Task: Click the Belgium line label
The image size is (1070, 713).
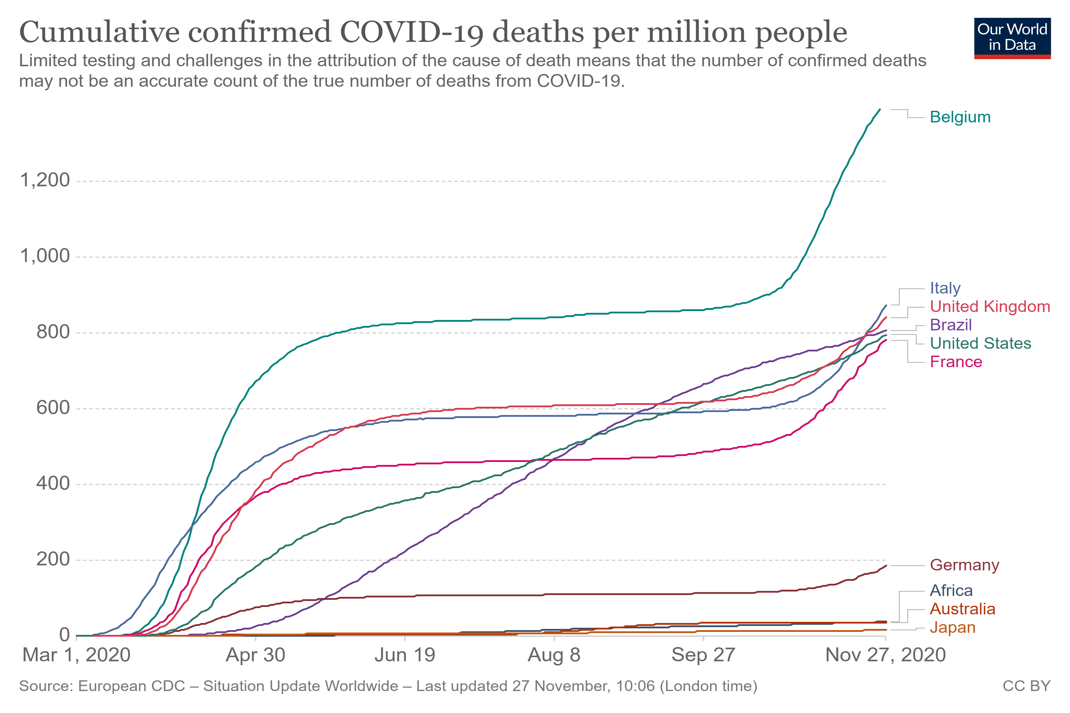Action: tap(960, 117)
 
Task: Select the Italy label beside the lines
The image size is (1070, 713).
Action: tap(945, 288)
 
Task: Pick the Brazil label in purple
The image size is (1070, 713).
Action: tap(951, 325)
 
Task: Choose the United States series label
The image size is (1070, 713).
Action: tap(980, 343)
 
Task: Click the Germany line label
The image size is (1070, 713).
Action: tap(964, 565)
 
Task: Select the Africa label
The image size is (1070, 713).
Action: tap(951, 591)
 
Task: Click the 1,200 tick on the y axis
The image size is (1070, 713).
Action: tap(45, 181)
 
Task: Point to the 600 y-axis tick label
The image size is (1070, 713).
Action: tap(53, 408)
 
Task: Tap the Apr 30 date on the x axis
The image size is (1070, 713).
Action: tap(256, 655)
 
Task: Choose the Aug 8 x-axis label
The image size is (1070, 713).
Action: tap(554, 655)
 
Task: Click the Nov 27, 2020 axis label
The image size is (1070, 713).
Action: tap(885, 655)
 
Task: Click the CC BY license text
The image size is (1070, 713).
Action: tap(1026, 686)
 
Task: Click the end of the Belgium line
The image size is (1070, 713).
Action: tap(880, 109)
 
